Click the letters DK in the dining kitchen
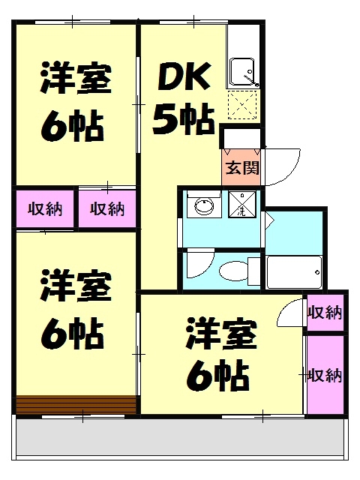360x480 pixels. [x=181, y=77]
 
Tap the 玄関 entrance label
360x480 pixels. [x=241, y=167]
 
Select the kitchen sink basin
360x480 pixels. [x=243, y=72]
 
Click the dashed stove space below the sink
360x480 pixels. [x=243, y=106]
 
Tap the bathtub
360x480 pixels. [x=295, y=271]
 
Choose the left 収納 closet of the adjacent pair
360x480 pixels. [x=45, y=208]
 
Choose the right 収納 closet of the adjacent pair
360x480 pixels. [x=107, y=208]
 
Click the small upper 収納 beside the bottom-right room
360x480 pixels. [x=325, y=313]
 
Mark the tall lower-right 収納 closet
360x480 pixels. [x=325, y=373]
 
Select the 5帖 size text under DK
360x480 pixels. [x=183, y=118]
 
